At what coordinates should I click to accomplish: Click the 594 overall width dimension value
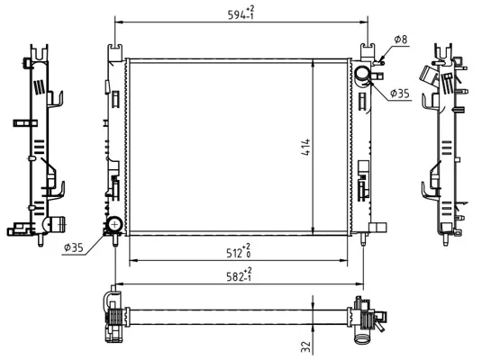(x=236, y=14)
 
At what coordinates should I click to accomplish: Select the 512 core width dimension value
(x=234, y=253)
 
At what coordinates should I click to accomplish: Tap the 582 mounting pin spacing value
(x=235, y=277)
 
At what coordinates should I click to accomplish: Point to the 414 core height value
(x=305, y=148)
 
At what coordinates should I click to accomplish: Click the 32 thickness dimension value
(x=306, y=346)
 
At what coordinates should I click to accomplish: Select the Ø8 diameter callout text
(x=401, y=40)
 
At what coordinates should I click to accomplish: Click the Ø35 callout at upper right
(x=400, y=93)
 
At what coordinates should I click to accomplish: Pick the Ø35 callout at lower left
(x=74, y=247)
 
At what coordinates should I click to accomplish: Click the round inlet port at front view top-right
(x=362, y=74)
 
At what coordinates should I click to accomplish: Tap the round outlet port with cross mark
(x=115, y=224)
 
